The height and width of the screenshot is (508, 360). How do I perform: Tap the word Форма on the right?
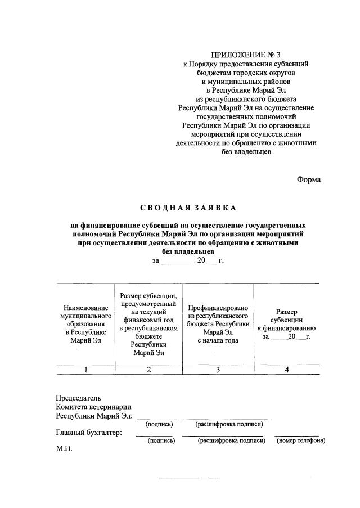click(308, 179)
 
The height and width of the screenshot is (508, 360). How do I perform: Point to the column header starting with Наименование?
click(86, 325)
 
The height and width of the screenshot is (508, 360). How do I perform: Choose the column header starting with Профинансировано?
click(218, 324)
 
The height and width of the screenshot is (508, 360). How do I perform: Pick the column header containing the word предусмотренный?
click(148, 325)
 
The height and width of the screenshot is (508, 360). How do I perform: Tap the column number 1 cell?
click(85, 370)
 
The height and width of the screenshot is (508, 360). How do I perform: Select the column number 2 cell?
click(148, 370)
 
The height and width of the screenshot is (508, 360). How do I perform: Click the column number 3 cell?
click(218, 370)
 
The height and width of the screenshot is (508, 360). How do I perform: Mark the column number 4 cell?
click(286, 370)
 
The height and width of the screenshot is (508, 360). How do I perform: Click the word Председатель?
click(78, 398)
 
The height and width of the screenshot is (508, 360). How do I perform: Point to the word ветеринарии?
click(111, 407)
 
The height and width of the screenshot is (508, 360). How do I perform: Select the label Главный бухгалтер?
click(89, 433)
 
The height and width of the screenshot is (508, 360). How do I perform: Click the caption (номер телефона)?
click(300, 440)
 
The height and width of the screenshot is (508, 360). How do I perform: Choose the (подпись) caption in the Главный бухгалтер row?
click(161, 440)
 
